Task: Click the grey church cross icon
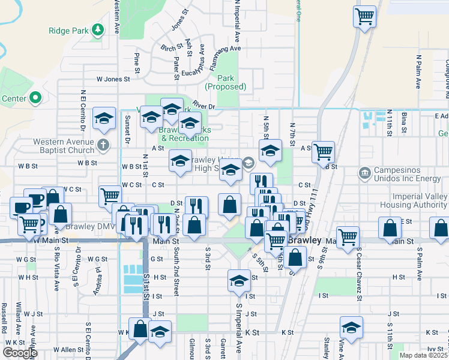point(104,145)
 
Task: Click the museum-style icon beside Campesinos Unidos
point(364,174)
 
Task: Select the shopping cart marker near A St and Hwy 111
point(324,152)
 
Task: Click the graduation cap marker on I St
point(239,280)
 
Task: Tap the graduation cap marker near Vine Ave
point(352,327)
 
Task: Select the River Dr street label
point(204,106)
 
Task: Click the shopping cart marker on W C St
point(110,195)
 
